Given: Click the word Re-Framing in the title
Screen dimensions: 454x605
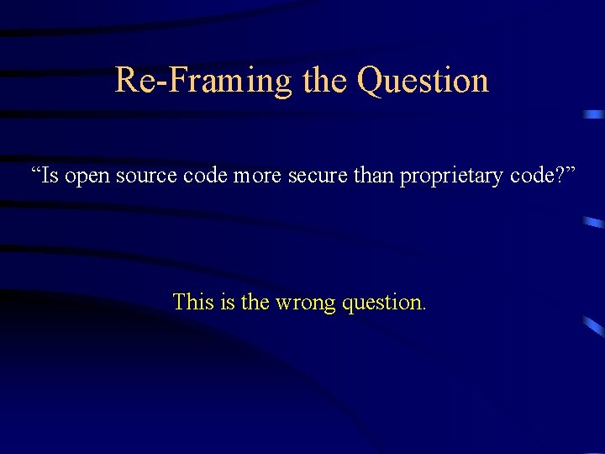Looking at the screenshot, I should coord(203,81).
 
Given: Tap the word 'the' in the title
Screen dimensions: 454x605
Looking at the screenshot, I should coord(324,81).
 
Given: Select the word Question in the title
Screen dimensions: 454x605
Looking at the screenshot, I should coord(423,81).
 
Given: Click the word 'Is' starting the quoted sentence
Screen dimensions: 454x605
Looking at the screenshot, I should coord(50,177).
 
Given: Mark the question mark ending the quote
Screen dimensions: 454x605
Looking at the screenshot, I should coord(560,177).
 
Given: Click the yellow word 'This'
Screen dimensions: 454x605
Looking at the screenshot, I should coord(193,301).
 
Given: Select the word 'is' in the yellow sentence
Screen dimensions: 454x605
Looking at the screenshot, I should coord(228,301).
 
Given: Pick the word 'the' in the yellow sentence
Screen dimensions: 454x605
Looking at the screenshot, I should coord(255,301).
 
